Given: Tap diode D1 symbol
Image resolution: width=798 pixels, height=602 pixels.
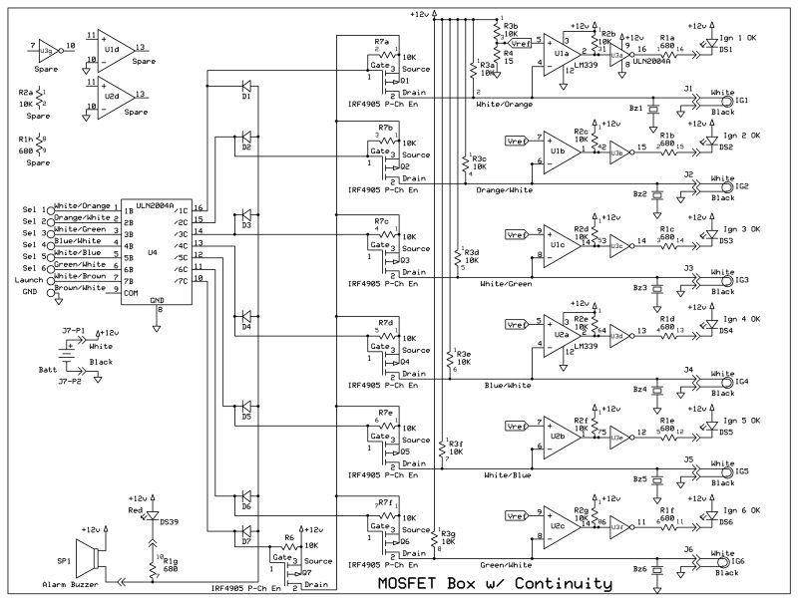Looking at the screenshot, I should click(245, 87).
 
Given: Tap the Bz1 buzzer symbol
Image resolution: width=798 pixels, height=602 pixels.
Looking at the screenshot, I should click(654, 109).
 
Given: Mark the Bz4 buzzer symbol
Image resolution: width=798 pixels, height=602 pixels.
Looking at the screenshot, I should click(655, 387).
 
